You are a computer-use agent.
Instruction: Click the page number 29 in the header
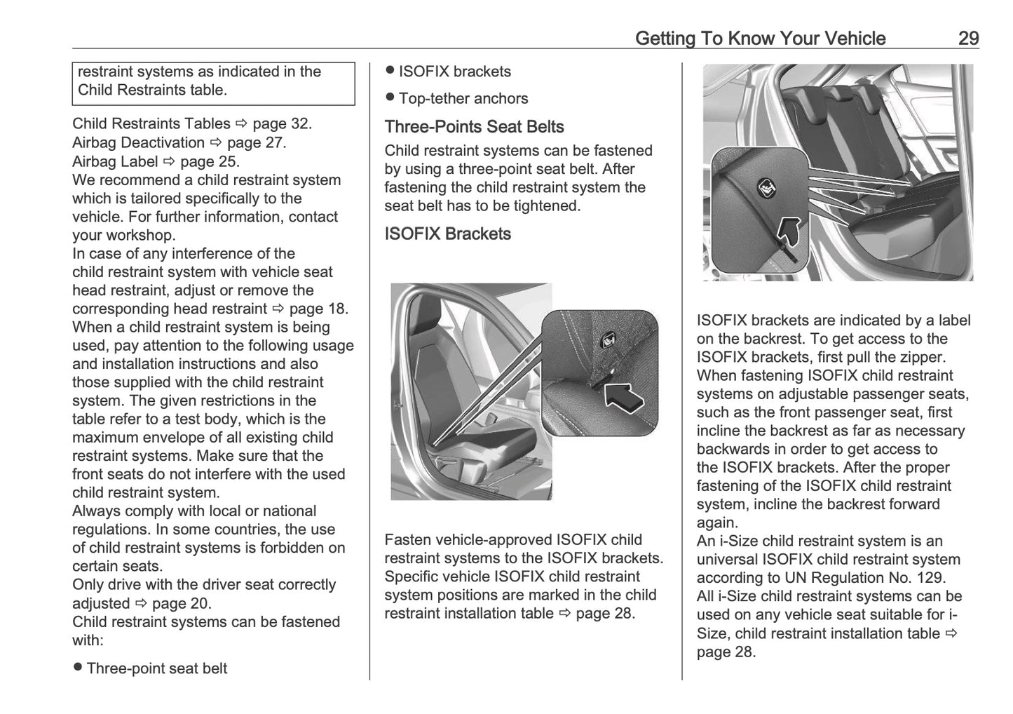967,39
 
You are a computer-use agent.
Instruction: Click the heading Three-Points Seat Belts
474,127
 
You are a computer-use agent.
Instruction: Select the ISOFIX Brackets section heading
447,234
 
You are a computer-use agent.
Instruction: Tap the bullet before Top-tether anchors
390,97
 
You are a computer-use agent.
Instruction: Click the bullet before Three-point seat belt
78,667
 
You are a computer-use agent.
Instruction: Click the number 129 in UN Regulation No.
930,579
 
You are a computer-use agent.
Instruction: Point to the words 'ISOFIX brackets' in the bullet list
454,72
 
